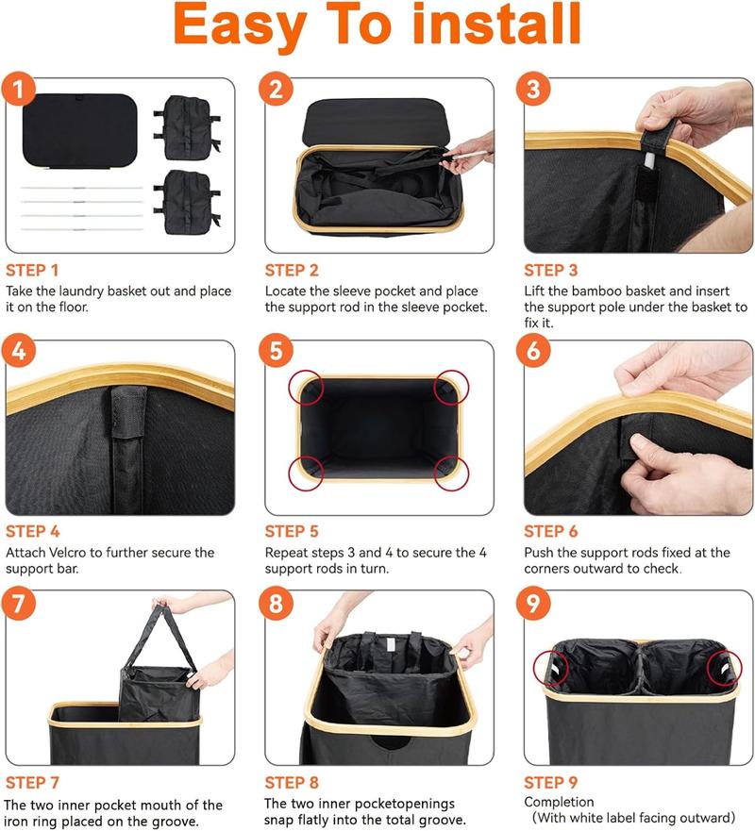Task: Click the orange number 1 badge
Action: click(19, 89)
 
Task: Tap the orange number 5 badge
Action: click(277, 351)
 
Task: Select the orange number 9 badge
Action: click(533, 603)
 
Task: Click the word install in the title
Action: click(496, 24)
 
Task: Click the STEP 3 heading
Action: click(551, 271)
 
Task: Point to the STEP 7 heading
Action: click(32, 783)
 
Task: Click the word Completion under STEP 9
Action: click(559, 802)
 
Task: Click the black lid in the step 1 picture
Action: click(80, 131)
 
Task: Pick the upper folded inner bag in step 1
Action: click(187, 127)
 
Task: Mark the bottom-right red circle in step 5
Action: click(451, 473)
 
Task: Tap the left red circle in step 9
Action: click(551, 669)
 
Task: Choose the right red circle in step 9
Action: click(724, 669)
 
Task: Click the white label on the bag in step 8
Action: click(390, 644)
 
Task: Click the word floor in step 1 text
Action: click(70, 307)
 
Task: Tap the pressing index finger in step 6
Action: click(645, 444)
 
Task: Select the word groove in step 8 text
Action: click(445, 820)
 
